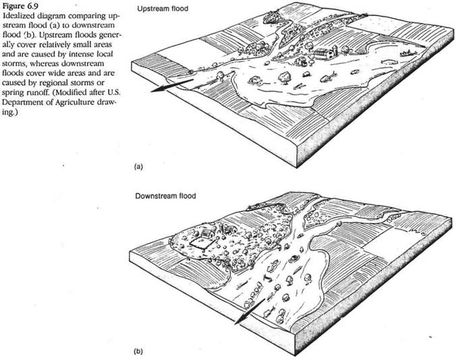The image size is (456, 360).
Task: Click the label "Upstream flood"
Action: (163, 9)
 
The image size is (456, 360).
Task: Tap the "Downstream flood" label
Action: (165, 196)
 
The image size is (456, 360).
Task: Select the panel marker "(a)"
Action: (138, 167)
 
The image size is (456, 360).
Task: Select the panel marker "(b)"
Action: (138, 352)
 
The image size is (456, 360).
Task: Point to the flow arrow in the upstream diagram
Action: (172, 85)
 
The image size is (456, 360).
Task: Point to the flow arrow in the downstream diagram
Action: (250, 311)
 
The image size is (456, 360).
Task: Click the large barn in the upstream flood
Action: (323, 54)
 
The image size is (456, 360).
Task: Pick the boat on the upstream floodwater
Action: (407, 53)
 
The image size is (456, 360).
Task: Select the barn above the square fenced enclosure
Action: (207, 233)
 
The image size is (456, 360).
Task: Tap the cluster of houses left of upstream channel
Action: (256, 48)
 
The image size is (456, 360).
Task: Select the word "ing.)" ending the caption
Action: (8, 112)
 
